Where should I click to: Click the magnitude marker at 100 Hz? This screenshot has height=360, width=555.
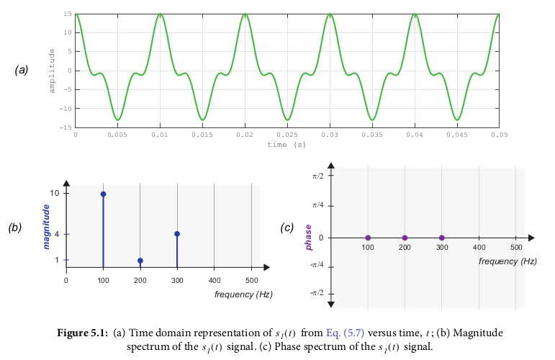[103, 194]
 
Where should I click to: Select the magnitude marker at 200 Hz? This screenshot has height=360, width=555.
[140, 261]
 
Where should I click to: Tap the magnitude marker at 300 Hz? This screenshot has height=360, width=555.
[177, 234]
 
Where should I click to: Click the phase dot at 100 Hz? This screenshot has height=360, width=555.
[368, 238]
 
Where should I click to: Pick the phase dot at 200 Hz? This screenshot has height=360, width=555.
[405, 238]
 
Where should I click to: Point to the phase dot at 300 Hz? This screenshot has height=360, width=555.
[442, 238]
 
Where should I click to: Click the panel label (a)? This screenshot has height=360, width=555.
[22, 70]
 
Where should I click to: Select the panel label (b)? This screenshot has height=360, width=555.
[15, 228]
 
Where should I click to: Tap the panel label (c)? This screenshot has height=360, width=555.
[287, 228]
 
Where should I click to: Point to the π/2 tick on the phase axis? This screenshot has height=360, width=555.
[317, 175]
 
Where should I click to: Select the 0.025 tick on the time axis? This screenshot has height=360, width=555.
[287, 135]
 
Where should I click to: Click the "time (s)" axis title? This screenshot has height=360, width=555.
[286, 144]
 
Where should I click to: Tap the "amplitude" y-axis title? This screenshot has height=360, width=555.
[52, 70]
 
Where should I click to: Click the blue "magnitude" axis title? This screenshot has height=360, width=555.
[47, 227]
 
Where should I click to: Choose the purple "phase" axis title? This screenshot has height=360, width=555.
[309, 237]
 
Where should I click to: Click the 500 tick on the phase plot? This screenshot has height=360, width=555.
[515, 247]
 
